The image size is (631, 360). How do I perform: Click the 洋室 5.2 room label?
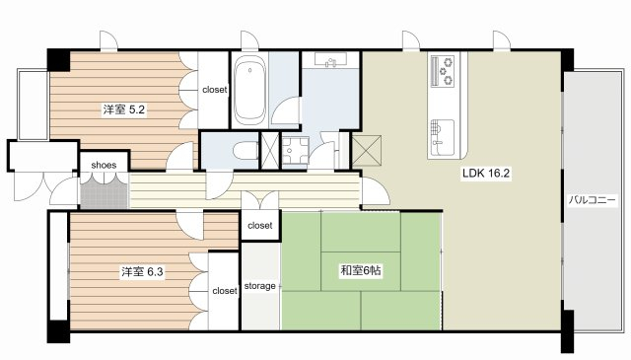click(124, 109)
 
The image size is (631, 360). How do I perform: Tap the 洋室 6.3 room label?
click(142, 272)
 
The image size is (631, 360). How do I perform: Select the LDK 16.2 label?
click(486, 174)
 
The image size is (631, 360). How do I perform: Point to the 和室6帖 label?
click(361, 270)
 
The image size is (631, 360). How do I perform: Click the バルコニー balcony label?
click(592, 200)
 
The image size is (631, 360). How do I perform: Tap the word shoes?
click(104, 165)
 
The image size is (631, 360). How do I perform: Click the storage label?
click(260, 286)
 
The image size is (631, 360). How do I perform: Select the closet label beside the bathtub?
click(215, 90)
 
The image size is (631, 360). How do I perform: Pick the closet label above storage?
click(260, 226)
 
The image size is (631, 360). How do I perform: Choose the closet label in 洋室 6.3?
click(225, 291)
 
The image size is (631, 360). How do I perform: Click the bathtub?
click(249, 90)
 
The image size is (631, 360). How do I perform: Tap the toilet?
click(245, 151)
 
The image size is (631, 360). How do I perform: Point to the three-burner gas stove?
click(442, 71)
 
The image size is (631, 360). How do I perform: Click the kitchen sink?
click(443, 138)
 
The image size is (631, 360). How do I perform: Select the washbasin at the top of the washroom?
click(331, 60)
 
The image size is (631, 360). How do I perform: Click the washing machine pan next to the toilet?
click(296, 151)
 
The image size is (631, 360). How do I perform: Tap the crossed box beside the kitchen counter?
click(367, 151)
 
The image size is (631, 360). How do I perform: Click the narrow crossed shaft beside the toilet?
click(270, 151)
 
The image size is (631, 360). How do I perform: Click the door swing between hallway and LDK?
click(376, 191)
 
